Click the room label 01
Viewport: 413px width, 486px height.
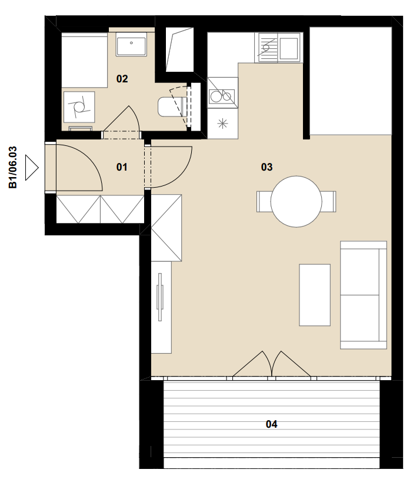click(x=122, y=167)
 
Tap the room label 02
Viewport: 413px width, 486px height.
click(x=122, y=79)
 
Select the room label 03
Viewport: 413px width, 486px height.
click(x=267, y=167)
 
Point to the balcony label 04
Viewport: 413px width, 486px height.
click(x=271, y=424)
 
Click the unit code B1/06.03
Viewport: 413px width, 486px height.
click(x=13, y=168)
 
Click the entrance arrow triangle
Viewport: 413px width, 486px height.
click(x=32, y=168)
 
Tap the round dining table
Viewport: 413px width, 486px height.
click(x=296, y=202)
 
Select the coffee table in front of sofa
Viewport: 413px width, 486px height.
click(x=315, y=295)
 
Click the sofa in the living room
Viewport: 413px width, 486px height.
click(x=364, y=295)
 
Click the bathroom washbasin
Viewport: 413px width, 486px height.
click(x=131, y=44)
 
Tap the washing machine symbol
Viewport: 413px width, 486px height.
click(x=79, y=106)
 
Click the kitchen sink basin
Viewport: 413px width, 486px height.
click(x=289, y=48)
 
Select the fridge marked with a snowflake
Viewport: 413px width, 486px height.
click(x=222, y=124)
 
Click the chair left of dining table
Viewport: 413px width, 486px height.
click(x=264, y=202)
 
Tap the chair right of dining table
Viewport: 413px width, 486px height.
click(x=328, y=202)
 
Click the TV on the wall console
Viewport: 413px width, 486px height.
click(x=160, y=297)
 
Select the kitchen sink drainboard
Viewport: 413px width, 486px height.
click(x=267, y=48)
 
